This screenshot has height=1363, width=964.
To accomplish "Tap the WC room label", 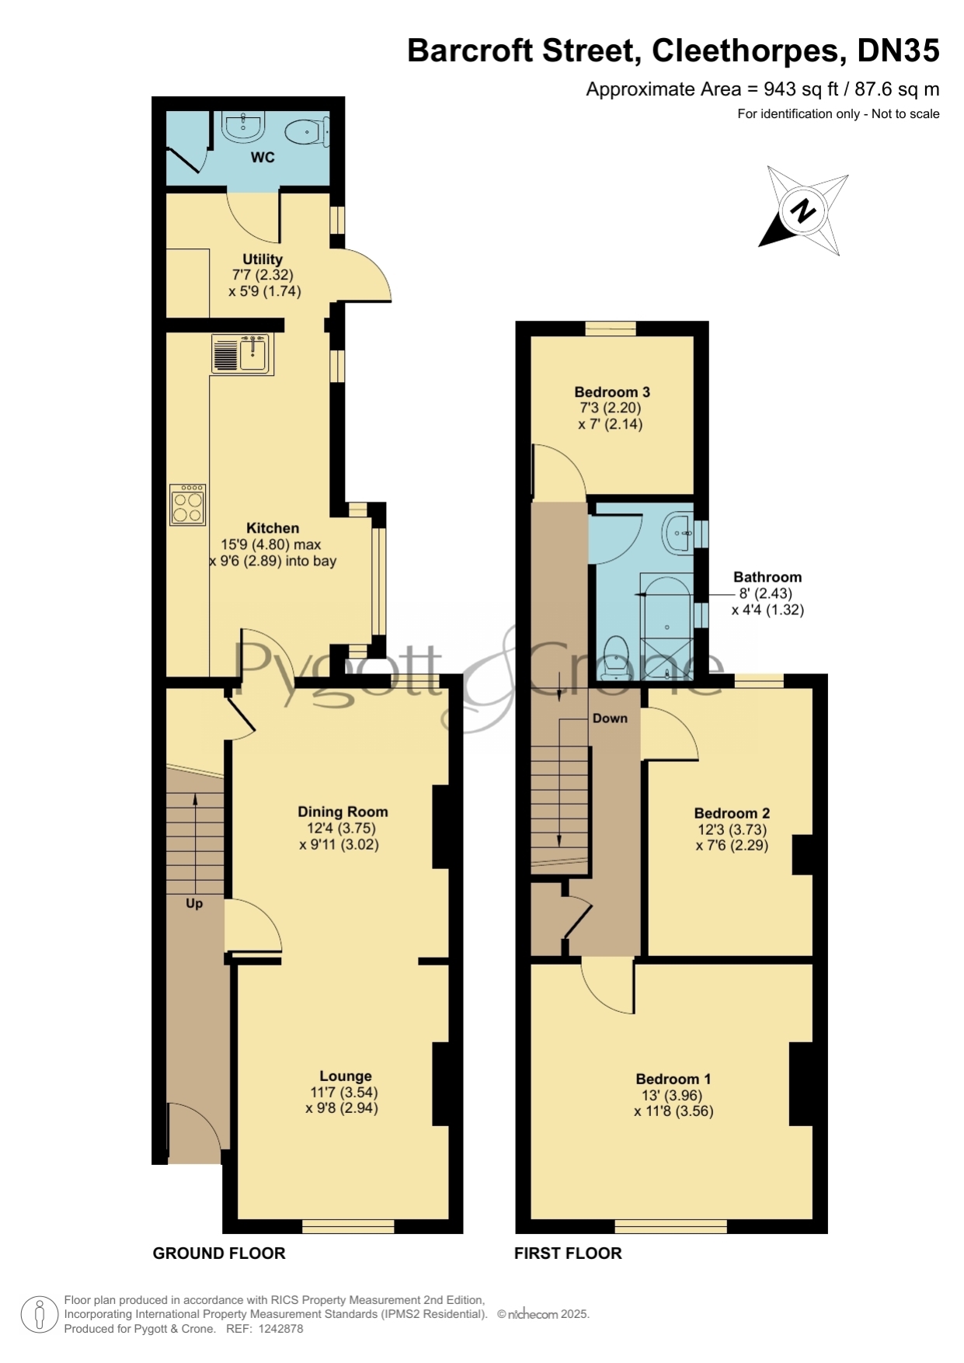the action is [263, 158].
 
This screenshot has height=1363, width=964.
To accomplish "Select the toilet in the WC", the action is [308, 132].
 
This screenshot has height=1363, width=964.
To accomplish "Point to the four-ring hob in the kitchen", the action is [188, 505].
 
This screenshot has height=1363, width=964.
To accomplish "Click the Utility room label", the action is [263, 259].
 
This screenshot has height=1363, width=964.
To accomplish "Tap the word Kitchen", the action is [273, 528].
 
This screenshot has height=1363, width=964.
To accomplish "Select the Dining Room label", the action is [343, 812].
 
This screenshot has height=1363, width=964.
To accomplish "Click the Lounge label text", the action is [346, 1076].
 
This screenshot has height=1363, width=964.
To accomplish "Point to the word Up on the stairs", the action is [194, 903].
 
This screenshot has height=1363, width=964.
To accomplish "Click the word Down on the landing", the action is [610, 718].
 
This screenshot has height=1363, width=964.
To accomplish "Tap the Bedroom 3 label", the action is [612, 392].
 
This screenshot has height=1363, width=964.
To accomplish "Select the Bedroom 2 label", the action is [732, 813].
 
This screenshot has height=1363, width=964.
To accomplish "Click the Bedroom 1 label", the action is [673, 1079].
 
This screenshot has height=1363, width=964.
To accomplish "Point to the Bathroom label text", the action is [767, 577].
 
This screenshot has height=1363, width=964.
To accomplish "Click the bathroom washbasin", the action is [678, 534].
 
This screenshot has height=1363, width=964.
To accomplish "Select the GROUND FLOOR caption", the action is [219, 1253].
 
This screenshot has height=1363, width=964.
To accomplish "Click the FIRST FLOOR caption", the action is [568, 1253].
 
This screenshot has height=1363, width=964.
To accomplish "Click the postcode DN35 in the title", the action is [898, 51].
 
